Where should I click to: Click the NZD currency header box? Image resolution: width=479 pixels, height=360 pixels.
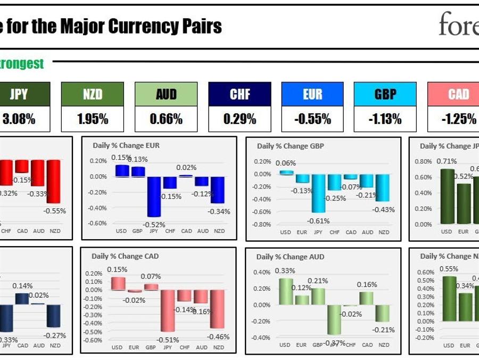click(93, 94)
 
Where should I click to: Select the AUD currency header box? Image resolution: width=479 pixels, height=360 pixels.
click(166, 94)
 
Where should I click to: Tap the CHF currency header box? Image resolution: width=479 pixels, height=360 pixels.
click(240, 94)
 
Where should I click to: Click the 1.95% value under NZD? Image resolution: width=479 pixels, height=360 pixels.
click(93, 119)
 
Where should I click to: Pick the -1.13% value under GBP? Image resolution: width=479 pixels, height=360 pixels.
click(385, 119)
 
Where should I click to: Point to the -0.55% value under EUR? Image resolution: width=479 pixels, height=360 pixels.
click(312, 119)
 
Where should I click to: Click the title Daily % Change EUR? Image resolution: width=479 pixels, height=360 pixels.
click(134, 145)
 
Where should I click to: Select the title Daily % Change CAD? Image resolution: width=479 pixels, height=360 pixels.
click(125, 256)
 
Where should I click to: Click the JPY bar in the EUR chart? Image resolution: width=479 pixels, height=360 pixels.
click(154, 197)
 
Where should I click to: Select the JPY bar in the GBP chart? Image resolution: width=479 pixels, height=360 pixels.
click(319, 193)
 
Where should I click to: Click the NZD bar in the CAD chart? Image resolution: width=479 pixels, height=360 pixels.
click(217, 309)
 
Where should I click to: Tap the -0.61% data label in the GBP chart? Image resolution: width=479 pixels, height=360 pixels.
click(319, 221)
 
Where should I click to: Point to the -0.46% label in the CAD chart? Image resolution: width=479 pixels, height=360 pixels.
click(219, 337)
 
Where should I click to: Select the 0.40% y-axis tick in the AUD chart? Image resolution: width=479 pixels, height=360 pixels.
click(262, 272)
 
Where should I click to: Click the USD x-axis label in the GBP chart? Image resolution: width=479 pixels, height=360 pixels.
click(286, 232)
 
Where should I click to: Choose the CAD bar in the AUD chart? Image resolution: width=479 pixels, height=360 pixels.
click(367, 298)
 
